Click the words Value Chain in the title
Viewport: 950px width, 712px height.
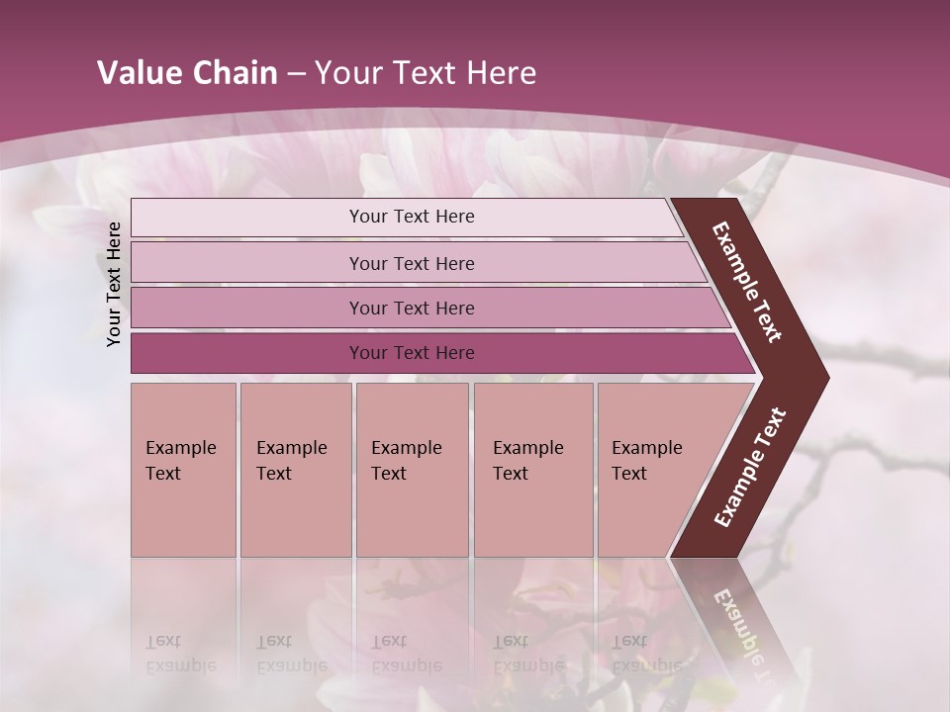pos(187,73)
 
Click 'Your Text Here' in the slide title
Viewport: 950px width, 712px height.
pos(426,73)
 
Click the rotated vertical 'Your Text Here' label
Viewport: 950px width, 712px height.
pos(114,284)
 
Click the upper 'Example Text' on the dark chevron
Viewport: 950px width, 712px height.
pos(747,282)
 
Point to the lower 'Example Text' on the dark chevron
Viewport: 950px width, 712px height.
pos(750,468)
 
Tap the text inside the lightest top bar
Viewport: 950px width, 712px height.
pos(412,217)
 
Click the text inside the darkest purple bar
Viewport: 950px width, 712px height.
pos(412,353)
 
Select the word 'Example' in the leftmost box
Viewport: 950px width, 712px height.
pos(180,448)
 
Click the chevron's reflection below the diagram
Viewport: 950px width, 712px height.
pos(737,613)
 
